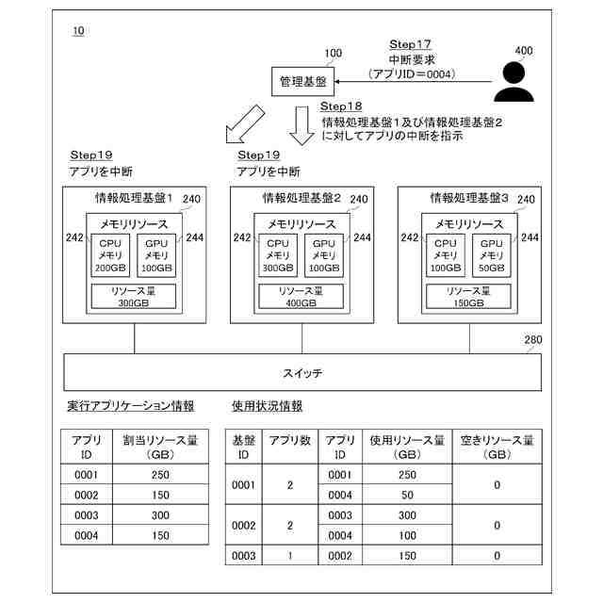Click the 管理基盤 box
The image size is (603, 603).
303,83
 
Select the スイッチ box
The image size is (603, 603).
301,373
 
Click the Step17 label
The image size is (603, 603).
410,45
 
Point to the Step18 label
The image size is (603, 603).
341,106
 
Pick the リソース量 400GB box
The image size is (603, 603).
302,297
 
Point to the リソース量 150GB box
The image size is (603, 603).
469,297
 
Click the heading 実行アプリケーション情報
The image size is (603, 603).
131,406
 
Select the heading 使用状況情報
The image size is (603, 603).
267,406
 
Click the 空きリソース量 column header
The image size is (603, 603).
497,447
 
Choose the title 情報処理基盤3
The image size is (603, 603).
468,199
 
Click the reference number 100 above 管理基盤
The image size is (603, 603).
333,54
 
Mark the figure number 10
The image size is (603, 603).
77,32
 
